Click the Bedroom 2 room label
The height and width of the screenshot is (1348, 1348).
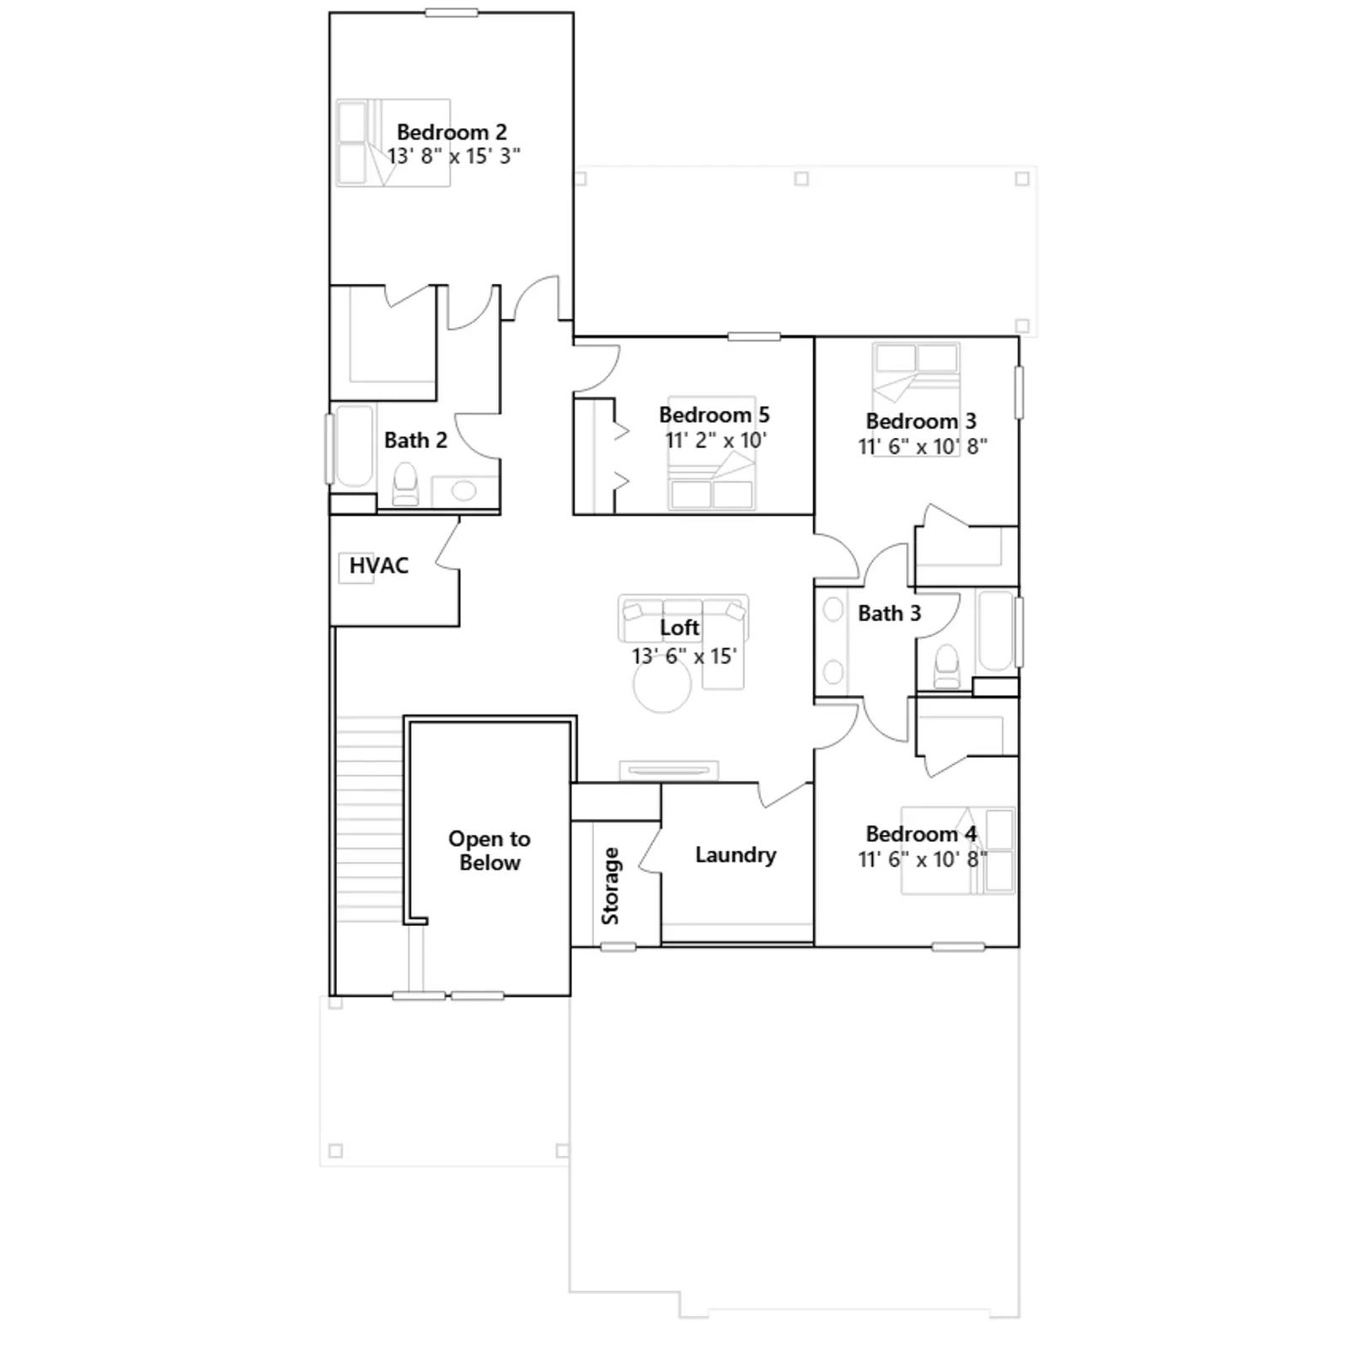(x=452, y=132)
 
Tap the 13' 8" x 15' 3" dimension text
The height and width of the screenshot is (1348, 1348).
(x=453, y=156)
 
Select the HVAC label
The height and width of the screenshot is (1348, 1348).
(x=378, y=565)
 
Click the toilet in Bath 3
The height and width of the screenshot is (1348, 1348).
(x=947, y=666)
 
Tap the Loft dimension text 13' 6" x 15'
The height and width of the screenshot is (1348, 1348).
(x=684, y=655)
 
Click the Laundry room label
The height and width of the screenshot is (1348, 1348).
(x=736, y=855)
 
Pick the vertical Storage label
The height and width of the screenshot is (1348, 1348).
(x=611, y=886)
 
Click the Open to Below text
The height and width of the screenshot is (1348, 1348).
(x=489, y=850)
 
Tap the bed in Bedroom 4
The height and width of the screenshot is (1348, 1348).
(x=958, y=849)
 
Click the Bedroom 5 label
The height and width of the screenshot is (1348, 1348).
(x=714, y=415)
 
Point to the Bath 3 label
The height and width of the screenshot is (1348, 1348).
(x=890, y=613)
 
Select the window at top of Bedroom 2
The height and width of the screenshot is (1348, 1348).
(x=452, y=12)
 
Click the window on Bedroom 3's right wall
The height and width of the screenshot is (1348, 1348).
(x=1019, y=392)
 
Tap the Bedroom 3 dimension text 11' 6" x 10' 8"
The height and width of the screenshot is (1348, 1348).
(x=923, y=446)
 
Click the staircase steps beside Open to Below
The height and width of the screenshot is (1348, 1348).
(x=371, y=819)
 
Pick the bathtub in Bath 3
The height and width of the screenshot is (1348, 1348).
(x=996, y=632)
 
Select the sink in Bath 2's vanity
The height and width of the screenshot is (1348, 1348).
(x=463, y=489)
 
